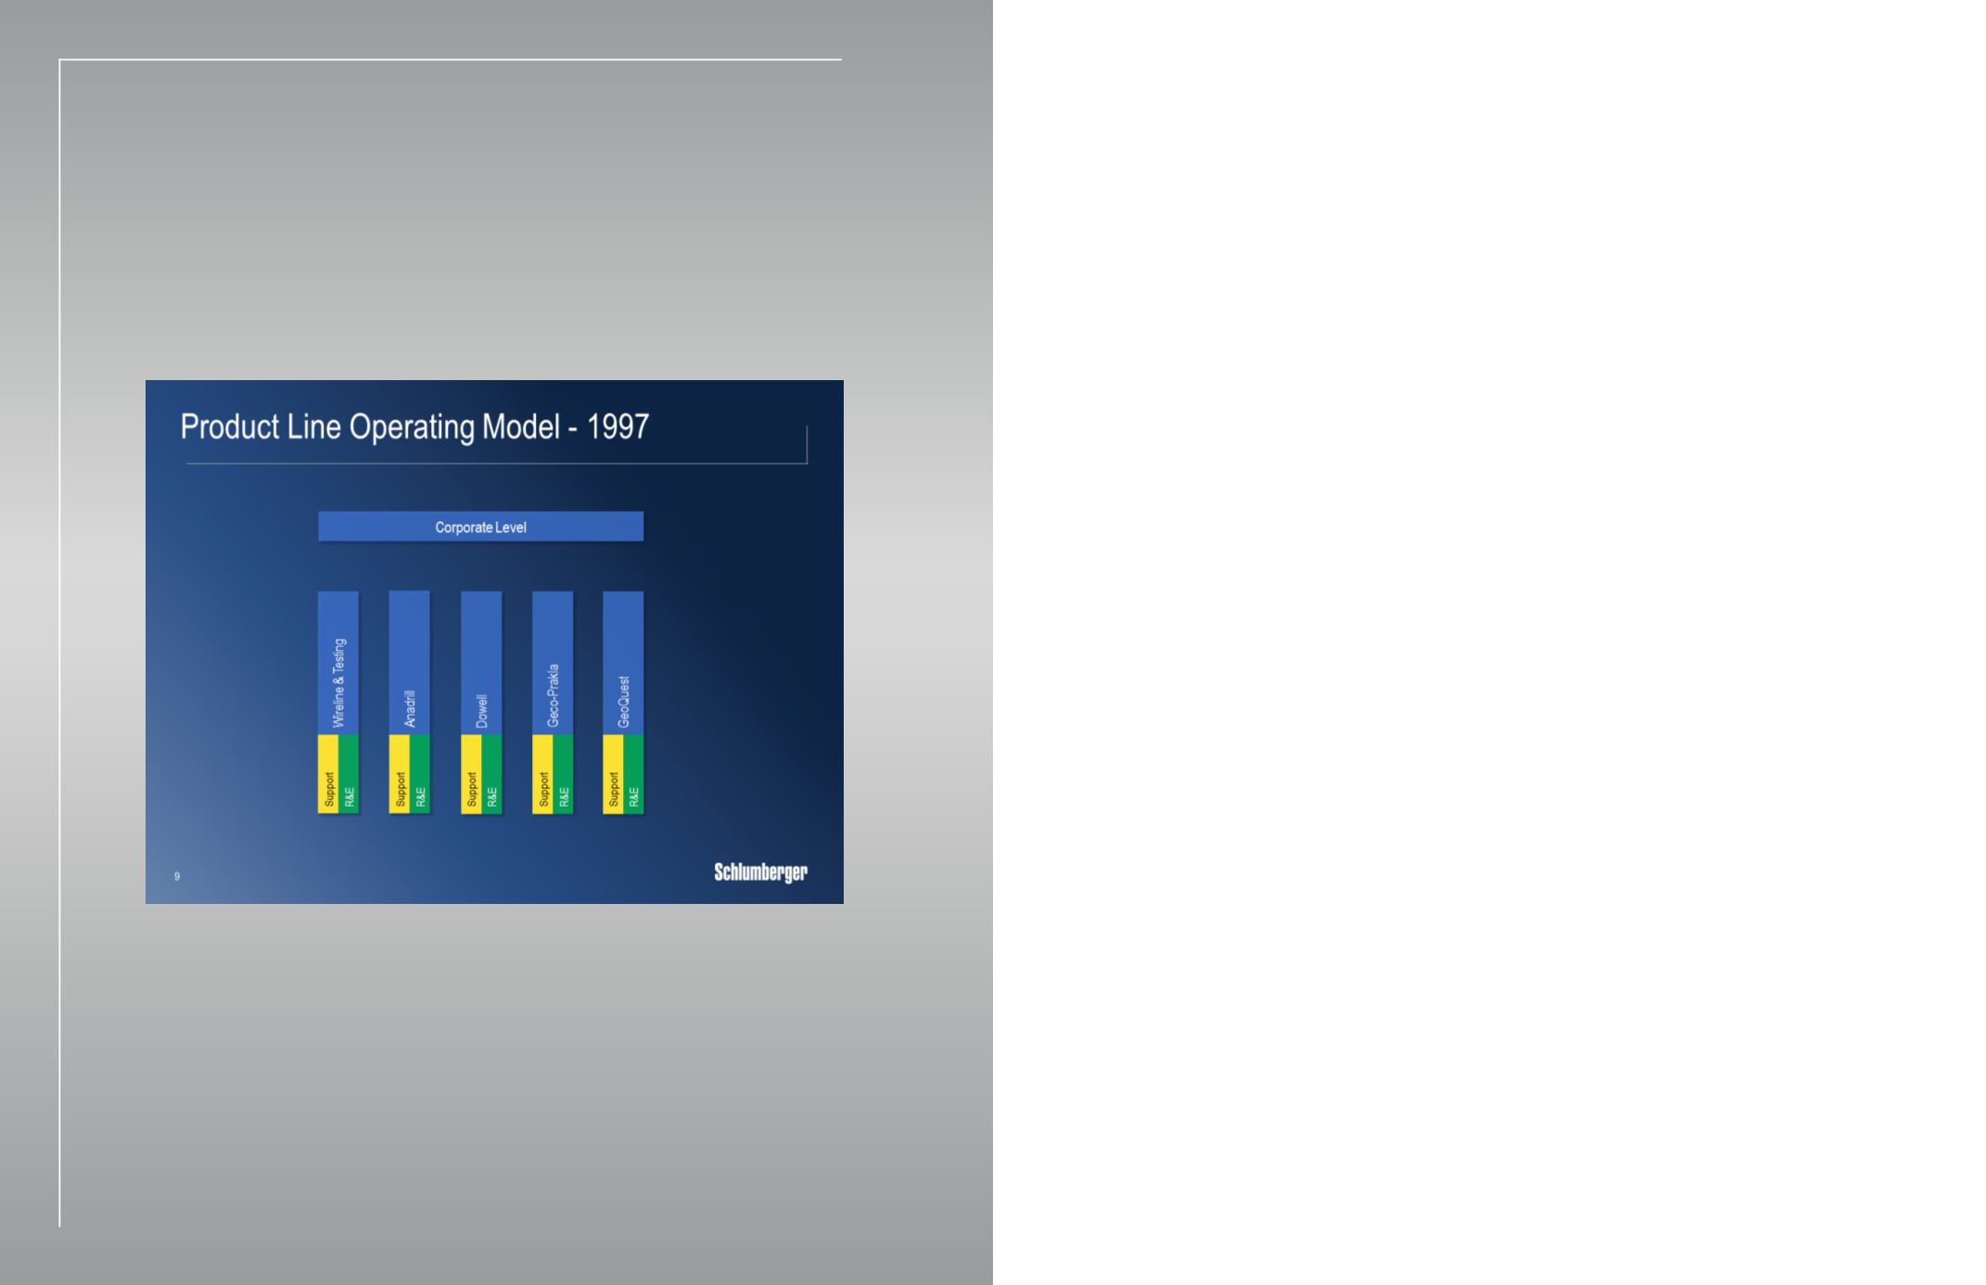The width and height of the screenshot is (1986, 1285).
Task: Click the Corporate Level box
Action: pos(480,527)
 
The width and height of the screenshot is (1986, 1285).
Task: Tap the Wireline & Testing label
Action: pos(338,682)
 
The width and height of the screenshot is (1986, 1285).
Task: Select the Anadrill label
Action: pos(410,709)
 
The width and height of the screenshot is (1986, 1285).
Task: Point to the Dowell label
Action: pos(481,711)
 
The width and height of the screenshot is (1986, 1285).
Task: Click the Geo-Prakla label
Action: pos(553,695)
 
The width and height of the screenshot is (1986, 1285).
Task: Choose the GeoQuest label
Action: pos(624,702)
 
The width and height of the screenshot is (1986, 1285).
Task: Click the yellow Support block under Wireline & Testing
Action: pos(328,774)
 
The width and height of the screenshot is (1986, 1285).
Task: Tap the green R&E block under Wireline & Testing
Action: pos(349,774)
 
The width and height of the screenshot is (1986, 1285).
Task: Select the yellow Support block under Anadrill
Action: pos(400,774)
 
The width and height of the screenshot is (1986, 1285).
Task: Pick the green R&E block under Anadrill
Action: pos(420,774)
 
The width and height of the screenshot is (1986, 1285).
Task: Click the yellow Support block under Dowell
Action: pos(471,774)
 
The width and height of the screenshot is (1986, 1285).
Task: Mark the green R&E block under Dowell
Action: pos(491,774)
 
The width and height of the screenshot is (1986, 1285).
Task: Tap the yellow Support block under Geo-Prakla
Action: pos(542,774)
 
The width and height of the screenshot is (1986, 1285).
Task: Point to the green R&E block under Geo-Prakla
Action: pos(563,774)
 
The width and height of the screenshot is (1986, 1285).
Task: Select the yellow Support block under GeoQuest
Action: pos(613,774)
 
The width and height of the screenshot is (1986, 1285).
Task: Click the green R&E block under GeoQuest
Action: pos(633,774)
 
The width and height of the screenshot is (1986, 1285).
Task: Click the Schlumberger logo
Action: pos(760,872)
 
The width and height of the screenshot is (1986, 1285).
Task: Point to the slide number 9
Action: pos(177,876)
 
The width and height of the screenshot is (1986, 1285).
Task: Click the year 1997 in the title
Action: pos(617,426)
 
